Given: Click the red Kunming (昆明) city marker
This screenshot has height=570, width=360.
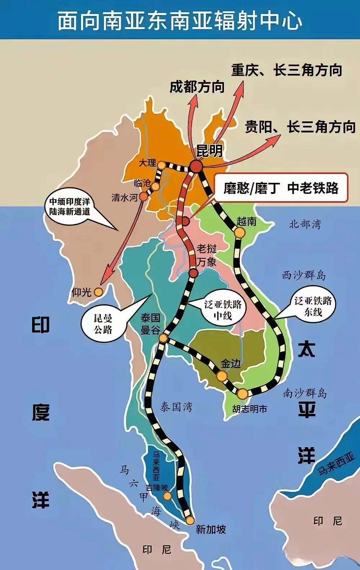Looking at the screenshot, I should coord(197,166).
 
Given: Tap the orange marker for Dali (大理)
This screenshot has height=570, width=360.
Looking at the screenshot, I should coord(162,165).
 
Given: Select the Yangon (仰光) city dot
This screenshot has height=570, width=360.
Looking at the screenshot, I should coord(98,292).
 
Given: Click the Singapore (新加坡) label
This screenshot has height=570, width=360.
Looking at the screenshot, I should coord(211,529).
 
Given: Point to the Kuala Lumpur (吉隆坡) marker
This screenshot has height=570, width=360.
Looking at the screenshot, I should coord(167,496).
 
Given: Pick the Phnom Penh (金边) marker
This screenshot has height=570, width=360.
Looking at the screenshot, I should coord(222,376).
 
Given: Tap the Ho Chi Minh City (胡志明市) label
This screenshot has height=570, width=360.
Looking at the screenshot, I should coord(249,409).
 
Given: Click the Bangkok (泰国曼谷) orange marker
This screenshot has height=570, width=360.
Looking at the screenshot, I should coord(163,339).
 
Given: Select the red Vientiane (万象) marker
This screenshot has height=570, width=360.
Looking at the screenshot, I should coord(193,273).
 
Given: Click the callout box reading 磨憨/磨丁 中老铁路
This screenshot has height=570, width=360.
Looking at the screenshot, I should coord(281,188).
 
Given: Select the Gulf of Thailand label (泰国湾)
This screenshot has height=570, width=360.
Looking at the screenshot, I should coord(176,407).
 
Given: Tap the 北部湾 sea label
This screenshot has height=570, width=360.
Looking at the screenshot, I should coord(305,225).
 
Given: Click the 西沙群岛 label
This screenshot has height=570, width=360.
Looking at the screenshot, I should coord(303,276).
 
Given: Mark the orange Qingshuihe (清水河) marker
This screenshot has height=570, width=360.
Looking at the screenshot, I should coord(143,196).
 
